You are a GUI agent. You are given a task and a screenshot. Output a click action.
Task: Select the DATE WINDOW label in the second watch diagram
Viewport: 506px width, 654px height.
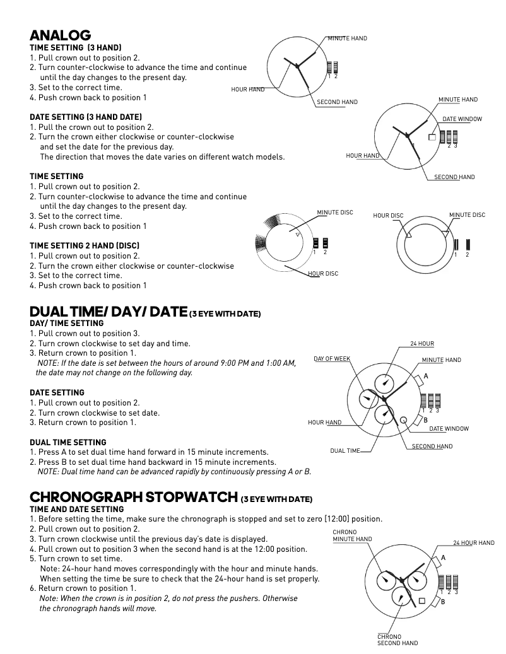click(x=462, y=119)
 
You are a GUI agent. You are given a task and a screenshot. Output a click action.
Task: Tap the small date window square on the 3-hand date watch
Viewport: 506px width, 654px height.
click(x=432, y=137)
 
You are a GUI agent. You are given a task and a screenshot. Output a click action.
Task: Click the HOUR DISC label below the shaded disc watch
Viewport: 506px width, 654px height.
click(x=323, y=274)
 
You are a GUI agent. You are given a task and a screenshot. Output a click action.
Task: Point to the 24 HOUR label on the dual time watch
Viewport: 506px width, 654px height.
click(x=422, y=344)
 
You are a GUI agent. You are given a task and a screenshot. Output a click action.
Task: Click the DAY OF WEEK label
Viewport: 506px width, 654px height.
click(x=332, y=359)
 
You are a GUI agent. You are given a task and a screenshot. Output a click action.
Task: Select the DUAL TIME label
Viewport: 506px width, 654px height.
click(x=345, y=451)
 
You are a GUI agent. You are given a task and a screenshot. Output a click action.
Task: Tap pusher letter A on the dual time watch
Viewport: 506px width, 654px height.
click(x=426, y=376)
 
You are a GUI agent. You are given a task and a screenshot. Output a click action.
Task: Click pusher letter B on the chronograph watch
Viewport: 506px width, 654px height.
click(x=443, y=602)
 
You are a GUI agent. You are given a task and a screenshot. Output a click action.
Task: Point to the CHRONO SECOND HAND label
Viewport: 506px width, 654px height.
click(x=397, y=640)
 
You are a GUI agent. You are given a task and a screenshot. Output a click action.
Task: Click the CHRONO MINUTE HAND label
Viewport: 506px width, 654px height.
click(x=352, y=536)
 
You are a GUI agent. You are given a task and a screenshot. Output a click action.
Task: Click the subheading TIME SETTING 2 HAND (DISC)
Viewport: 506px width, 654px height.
click(x=85, y=245)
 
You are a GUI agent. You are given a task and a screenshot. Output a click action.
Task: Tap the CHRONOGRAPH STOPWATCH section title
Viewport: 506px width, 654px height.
click(x=134, y=498)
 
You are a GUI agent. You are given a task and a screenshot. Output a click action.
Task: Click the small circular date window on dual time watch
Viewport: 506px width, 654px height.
click(x=404, y=417)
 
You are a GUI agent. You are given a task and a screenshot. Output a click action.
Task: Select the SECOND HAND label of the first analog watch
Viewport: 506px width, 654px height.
click(x=337, y=102)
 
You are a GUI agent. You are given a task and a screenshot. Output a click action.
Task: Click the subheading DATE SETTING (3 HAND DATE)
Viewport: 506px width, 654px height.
click(x=86, y=117)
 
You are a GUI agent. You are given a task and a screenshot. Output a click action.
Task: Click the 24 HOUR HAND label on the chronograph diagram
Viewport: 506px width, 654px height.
click(x=474, y=543)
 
